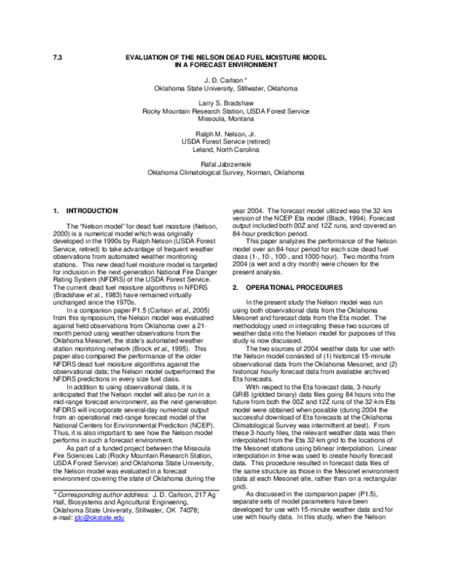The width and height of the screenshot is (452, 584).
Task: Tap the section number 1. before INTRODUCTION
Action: click(x=56, y=210)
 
